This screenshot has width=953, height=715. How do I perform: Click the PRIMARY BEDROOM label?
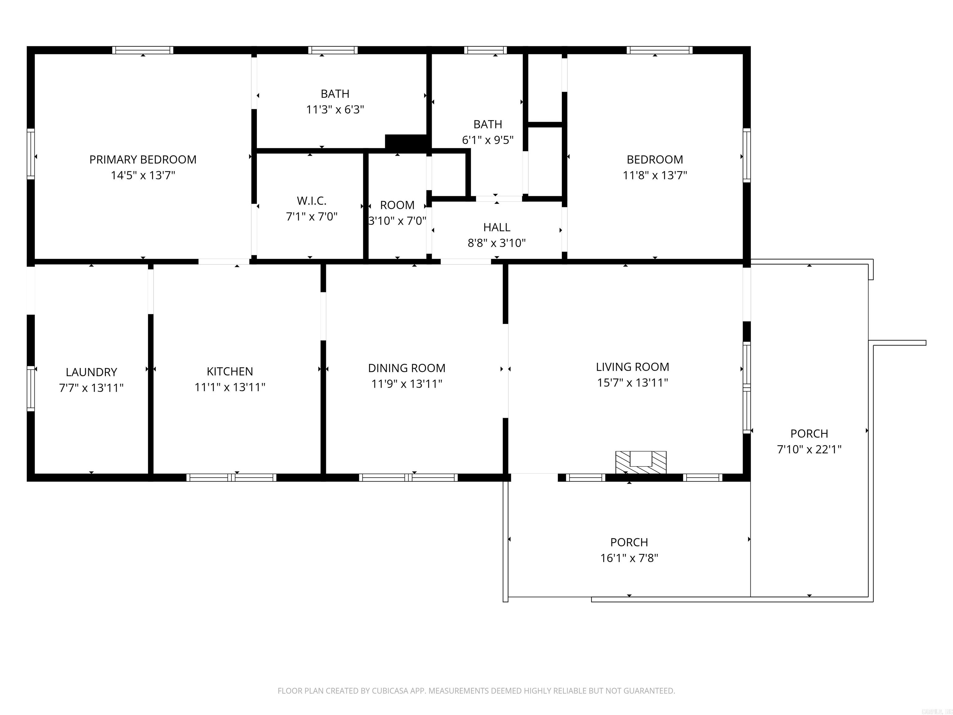(143, 160)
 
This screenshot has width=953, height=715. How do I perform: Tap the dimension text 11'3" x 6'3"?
(335, 110)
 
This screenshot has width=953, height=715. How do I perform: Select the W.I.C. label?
(311, 201)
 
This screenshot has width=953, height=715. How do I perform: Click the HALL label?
(496, 227)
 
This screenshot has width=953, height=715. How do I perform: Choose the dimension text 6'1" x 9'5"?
(487, 140)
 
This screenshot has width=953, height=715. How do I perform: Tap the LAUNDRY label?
(91, 372)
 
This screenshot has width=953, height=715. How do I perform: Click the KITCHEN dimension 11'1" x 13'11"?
(230, 387)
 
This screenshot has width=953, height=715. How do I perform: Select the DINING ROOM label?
(406, 368)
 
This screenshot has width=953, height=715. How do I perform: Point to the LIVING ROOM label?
(632, 367)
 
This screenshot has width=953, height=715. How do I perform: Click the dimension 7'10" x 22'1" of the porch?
(809, 449)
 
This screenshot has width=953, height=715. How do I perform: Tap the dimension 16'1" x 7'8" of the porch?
(629, 558)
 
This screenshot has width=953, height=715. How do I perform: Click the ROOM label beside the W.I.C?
(397, 205)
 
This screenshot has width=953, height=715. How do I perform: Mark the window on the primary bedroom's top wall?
(143, 50)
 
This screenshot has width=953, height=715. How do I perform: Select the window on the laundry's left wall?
(31, 388)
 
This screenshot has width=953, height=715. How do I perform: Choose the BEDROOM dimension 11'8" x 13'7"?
(655, 175)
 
